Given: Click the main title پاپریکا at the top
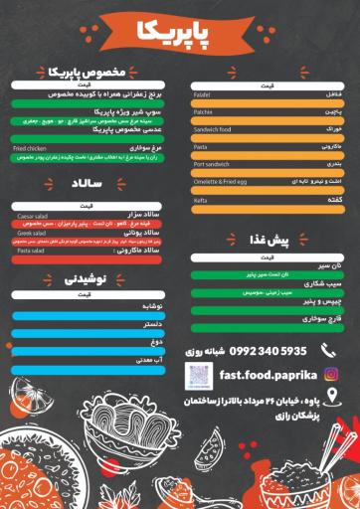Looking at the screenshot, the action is [178, 34].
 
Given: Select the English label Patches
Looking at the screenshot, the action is [205, 112].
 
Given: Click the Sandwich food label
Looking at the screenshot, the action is [212, 129].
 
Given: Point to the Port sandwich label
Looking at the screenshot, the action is [211, 164].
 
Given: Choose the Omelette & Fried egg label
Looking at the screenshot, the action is [220, 181].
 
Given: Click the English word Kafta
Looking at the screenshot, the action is [202, 199].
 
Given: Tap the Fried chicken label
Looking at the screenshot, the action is [29, 148].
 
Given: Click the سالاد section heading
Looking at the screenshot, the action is [83, 185].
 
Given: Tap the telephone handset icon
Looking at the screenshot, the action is [328, 350].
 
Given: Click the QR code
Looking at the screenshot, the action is [199, 376].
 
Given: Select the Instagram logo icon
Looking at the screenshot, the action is [331, 374].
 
